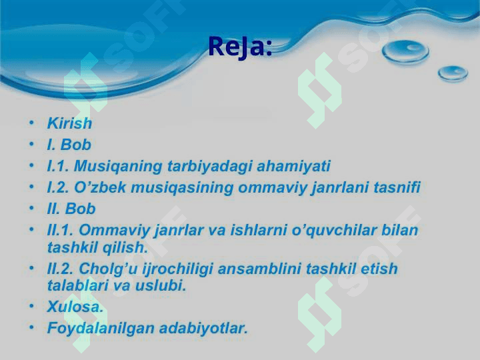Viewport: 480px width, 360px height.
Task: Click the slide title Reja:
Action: [240, 47]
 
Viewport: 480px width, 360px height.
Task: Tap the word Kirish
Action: [69, 123]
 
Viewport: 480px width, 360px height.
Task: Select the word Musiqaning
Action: [118, 167]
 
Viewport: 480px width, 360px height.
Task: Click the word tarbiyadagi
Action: [209, 167]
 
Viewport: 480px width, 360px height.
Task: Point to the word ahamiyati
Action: [293, 166]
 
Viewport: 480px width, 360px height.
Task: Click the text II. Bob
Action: [71, 209]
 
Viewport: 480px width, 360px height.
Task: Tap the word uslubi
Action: [161, 285]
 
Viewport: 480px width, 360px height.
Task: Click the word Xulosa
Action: [75, 307]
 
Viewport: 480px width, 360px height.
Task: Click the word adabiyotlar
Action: [203, 328]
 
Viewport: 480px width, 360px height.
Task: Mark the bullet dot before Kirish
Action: [31, 123]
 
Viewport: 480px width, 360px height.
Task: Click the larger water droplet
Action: [405, 52]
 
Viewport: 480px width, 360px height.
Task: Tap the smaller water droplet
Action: [453, 73]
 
